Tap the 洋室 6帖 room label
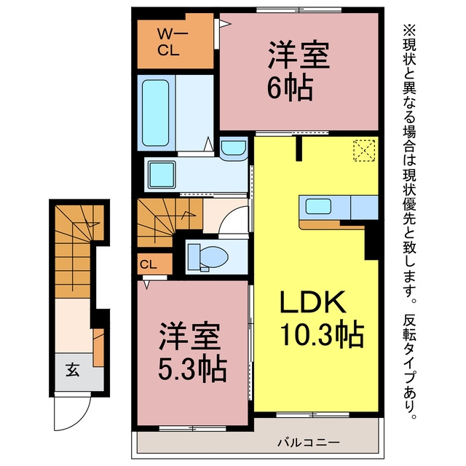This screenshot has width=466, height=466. [x=298, y=71]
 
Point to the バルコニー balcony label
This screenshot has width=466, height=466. [x=308, y=443]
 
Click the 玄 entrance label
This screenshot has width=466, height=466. [x=73, y=370]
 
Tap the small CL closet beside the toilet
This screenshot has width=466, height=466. [x=155, y=264]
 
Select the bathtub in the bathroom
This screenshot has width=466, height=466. [x=155, y=113]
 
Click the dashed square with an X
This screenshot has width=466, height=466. [x=364, y=151]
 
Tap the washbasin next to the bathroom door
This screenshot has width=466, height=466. [x=234, y=149]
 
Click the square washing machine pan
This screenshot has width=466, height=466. [x=162, y=175]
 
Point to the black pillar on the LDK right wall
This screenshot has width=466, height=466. [x=371, y=241]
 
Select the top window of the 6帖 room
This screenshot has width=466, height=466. [x=299, y=10]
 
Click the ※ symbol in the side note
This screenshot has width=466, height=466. [x=410, y=30]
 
